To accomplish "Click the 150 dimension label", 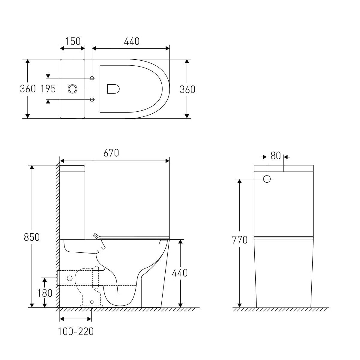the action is pos(73,41).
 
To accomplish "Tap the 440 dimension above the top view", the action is pos(132,41).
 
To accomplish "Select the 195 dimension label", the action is pos(48,89).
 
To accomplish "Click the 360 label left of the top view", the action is pos(28,89).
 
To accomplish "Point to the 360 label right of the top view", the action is pos(187,89).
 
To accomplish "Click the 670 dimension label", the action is pos(111,153).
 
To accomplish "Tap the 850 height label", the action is pos(32,237).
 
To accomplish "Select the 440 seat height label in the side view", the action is pos(180,273).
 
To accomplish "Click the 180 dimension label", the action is pos(45,293).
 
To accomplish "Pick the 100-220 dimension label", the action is pos(76,331).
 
